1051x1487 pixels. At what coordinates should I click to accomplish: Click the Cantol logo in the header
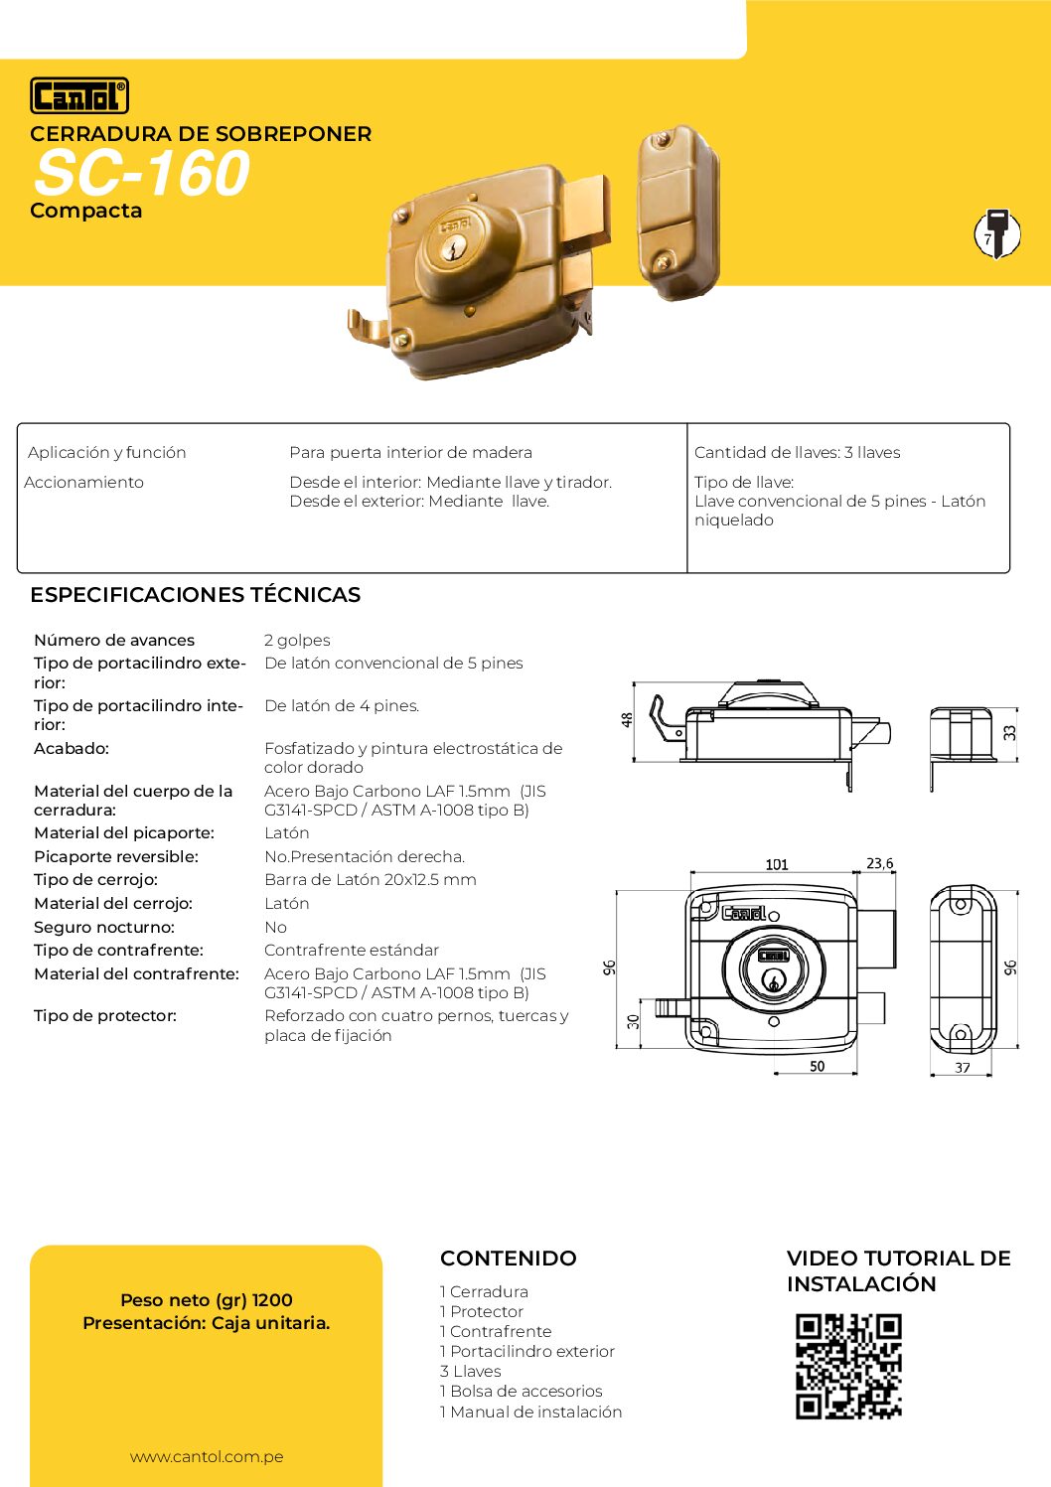79,96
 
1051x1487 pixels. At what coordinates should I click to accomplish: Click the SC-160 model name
141,174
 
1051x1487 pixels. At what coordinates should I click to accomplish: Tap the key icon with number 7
996,234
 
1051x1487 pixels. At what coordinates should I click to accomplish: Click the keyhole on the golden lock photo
453,248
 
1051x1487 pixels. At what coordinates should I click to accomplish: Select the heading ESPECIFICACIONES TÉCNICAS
195,595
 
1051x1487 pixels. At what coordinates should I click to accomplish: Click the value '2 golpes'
297,641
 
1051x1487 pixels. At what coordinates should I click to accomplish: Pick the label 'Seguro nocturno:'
104,927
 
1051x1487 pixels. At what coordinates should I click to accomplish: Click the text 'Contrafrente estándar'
352,951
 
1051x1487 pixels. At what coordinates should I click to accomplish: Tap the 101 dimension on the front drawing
777,864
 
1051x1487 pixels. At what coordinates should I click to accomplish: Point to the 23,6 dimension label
880,863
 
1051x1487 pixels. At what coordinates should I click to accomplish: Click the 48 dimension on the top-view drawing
627,720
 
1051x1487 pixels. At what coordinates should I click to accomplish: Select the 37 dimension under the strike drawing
963,1068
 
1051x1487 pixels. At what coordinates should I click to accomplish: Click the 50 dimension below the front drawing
817,1066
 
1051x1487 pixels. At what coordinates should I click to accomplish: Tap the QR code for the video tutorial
848,1366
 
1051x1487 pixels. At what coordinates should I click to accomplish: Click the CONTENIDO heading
508,1259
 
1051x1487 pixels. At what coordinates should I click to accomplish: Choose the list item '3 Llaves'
470,1372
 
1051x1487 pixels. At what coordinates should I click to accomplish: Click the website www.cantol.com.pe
207,1457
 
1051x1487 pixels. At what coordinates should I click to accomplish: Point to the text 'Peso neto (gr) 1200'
207,1300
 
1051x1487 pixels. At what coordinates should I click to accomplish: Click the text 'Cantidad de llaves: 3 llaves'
797,453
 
